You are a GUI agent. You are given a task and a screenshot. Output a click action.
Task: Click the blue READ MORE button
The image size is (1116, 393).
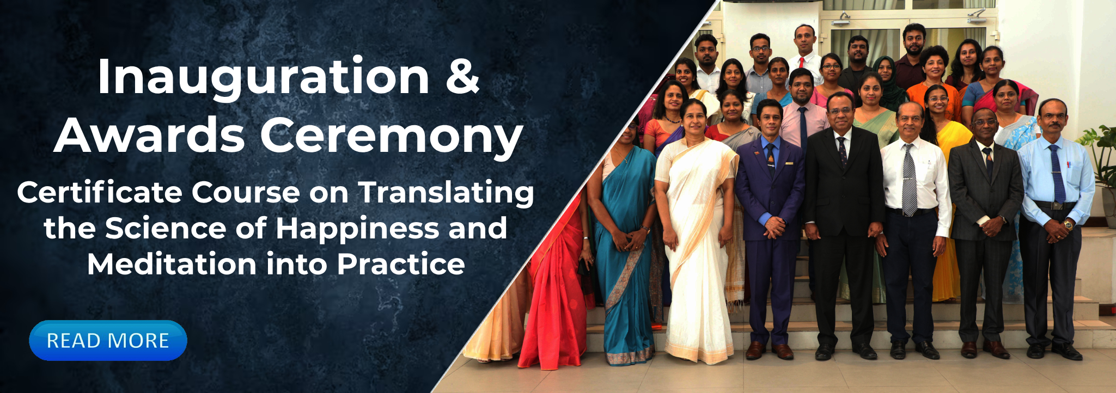108,340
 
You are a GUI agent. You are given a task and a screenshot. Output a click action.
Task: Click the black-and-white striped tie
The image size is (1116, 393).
909,180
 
